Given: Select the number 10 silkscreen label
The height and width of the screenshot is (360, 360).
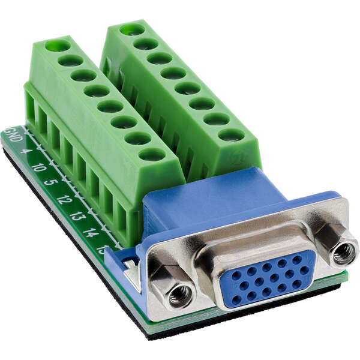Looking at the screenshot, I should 37,167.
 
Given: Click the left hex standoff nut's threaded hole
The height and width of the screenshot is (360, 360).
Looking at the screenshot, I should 180,293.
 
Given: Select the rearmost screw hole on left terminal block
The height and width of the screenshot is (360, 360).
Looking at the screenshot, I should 58,46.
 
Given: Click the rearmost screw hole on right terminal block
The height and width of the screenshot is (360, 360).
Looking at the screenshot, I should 131,29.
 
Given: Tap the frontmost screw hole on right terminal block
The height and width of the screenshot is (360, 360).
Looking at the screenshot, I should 231,135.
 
